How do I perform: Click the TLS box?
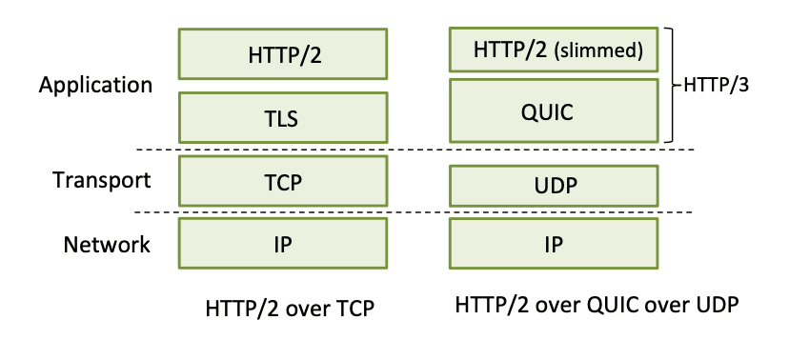point(283,117)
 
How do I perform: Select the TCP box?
point(283,181)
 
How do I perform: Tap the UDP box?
point(554,186)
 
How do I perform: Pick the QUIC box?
point(554,110)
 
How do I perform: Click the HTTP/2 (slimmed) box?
point(554,50)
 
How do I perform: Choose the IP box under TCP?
point(283,243)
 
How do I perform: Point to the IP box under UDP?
point(554,243)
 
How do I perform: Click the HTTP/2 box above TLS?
point(283,53)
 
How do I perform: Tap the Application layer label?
point(95,86)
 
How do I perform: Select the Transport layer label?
point(102,180)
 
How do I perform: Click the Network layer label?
point(107,245)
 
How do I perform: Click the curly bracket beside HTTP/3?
point(671,86)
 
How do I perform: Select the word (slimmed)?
point(598,50)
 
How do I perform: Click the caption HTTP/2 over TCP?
point(290,309)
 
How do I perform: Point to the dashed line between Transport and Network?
point(414,212)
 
